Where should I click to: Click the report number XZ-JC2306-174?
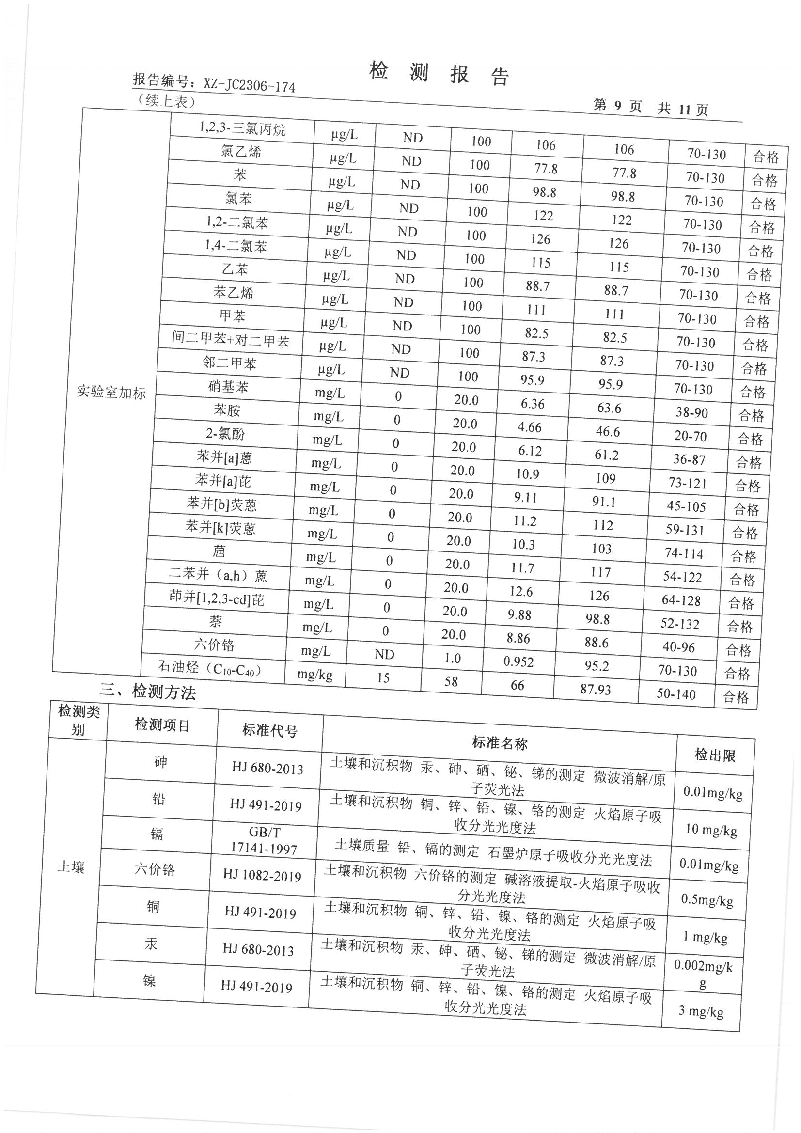pyautogui.click(x=249, y=86)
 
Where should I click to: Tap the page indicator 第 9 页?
pyautogui.click(x=617, y=106)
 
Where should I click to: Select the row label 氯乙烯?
pyautogui.click(x=240, y=151)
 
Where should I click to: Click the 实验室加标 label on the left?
pyautogui.click(x=111, y=393)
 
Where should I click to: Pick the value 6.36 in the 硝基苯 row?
pyautogui.click(x=533, y=404)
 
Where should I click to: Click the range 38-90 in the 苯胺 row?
pyautogui.click(x=692, y=412)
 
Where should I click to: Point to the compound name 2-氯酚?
pyautogui.click(x=225, y=434)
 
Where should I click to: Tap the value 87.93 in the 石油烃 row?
pyautogui.click(x=596, y=689)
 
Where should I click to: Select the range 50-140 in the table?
pyautogui.click(x=675, y=694)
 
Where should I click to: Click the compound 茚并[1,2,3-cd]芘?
pyautogui.click(x=216, y=598)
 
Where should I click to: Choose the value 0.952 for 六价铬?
pyautogui.click(x=518, y=662)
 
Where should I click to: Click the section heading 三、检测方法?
pyautogui.click(x=148, y=692)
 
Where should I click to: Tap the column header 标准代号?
pyautogui.click(x=269, y=730)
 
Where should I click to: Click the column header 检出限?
pyautogui.click(x=715, y=755)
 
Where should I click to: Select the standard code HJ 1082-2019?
pyautogui.click(x=262, y=875)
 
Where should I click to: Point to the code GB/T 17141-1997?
pyautogui.click(x=264, y=840)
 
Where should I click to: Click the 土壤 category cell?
pyautogui.click(x=71, y=867)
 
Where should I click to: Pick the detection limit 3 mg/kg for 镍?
pyautogui.click(x=701, y=1011)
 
